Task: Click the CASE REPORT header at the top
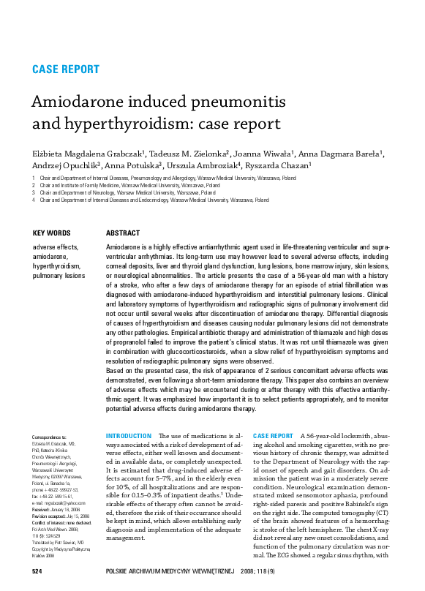[x=66, y=69]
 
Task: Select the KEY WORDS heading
[x=53, y=233]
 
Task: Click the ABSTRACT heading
[x=123, y=233]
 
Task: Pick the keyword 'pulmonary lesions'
[x=59, y=276]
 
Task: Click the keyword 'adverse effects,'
[x=55, y=248]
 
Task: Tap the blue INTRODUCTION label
[x=129, y=436]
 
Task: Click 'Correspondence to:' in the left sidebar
[x=50, y=437]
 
